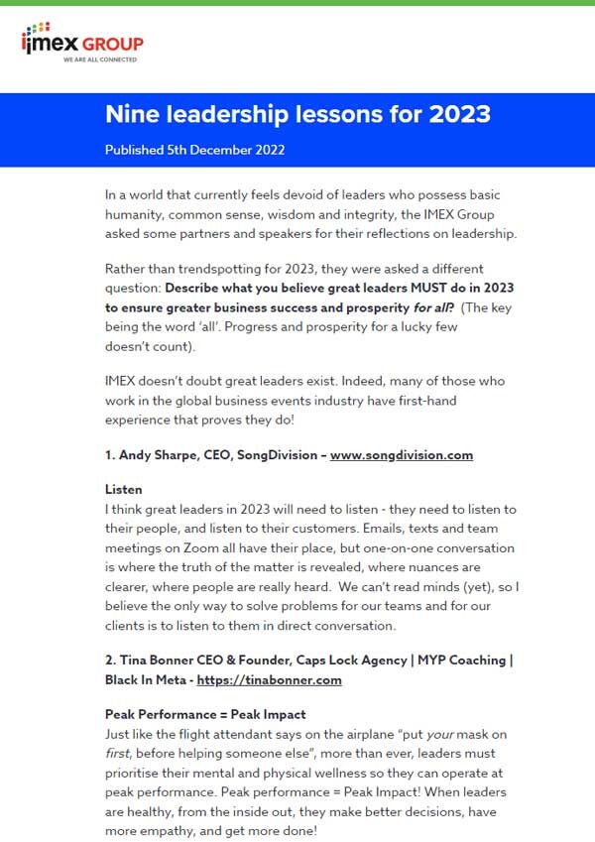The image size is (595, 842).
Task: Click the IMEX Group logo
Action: point(82,43)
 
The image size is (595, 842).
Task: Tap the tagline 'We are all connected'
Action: point(100,60)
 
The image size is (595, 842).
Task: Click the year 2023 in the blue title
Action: point(459,114)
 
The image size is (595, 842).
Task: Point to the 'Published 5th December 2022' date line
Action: point(195,150)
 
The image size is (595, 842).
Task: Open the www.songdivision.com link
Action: point(402,455)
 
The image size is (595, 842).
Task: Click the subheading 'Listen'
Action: point(123,490)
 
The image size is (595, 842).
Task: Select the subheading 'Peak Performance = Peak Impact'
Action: point(205,714)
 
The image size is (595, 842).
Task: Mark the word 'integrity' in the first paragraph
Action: point(391,213)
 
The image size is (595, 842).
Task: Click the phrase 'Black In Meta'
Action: point(144,680)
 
